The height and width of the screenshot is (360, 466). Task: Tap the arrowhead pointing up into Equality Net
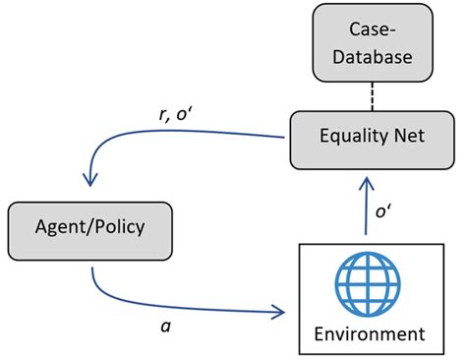point(366,183)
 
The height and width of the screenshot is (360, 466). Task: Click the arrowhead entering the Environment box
point(277,314)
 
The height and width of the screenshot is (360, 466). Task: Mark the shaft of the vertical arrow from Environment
point(366,211)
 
